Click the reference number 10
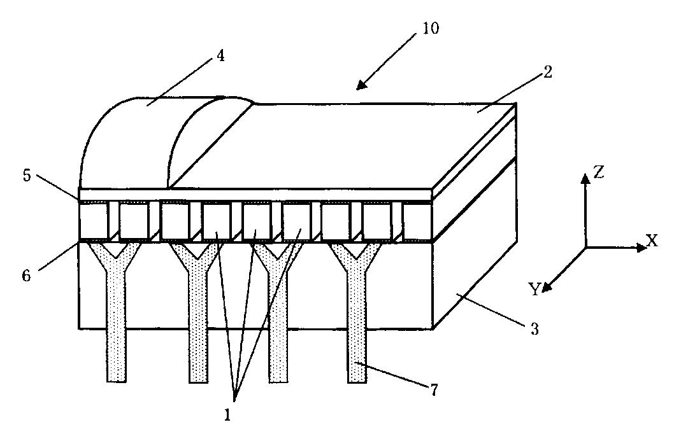coord(430,29)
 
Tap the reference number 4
coord(220,56)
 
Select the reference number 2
coord(548,72)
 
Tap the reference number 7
coord(434,389)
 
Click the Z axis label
coord(599,172)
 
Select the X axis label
coord(652,241)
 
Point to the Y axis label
coord(534,290)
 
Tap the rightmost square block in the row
coord(417,219)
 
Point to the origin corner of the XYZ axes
coord(585,248)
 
